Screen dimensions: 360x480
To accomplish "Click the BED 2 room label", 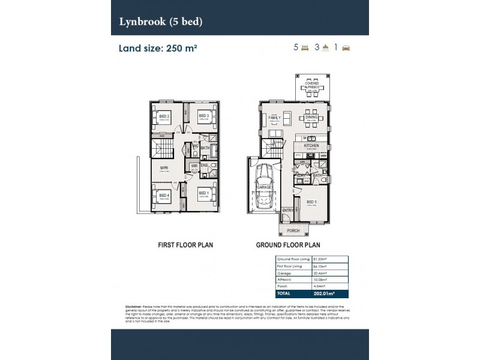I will click(x=164, y=116).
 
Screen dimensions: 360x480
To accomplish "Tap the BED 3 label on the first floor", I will click(x=203, y=116).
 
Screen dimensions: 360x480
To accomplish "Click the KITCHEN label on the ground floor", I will click(x=311, y=146).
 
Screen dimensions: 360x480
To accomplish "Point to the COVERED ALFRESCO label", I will click(x=312, y=85).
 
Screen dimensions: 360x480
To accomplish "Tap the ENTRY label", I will click(x=288, y=210).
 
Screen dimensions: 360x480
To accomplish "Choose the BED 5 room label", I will click(x=311, y=202).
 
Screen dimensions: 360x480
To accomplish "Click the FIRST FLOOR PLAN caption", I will click(x=185, y=245).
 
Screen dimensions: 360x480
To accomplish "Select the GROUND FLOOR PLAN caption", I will click(x=288, y=245).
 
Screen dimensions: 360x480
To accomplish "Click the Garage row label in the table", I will click(x=284, y=272).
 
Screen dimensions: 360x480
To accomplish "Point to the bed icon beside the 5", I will click(x=304, y=47).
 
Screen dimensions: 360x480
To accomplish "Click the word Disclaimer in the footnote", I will click(x=135, y=306).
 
